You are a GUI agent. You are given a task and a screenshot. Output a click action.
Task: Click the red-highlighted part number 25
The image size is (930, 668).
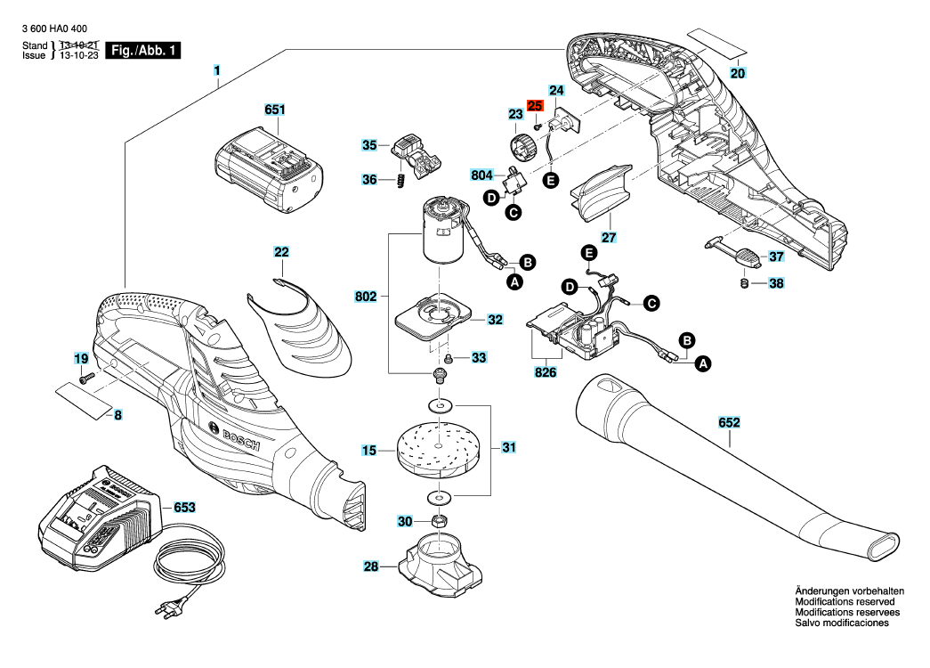[535, 106]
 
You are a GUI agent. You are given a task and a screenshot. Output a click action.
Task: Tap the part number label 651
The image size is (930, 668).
[275, 110]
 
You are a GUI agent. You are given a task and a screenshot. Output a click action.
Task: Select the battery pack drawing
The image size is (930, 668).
[269, 170]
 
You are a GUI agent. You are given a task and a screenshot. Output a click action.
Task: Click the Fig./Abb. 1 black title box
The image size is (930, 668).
[143, 51]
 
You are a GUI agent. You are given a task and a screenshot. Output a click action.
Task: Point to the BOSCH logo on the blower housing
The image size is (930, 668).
[234, 436]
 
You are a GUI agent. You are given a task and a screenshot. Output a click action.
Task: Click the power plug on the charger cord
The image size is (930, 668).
[166, 608]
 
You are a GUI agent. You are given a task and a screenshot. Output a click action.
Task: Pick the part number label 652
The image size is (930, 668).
[729, 422]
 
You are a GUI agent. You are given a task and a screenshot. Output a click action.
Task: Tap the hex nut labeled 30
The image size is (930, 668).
[439, 521]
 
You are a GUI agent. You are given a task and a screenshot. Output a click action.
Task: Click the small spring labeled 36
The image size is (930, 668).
[400, 180]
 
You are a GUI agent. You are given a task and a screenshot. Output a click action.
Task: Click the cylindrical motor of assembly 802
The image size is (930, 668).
[442, 230]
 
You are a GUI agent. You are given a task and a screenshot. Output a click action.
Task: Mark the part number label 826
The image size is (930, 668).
[545, 372]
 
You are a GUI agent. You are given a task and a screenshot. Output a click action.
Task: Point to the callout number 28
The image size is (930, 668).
[371, 566]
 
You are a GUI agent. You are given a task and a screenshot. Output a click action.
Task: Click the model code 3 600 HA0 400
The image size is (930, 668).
[54, 29]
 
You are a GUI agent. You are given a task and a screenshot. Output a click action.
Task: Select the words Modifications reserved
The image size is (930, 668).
[845, 601]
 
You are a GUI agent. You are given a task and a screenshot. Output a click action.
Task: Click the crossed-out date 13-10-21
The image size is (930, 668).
[79, 45]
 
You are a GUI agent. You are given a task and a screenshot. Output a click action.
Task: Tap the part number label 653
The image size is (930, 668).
[184, 508]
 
